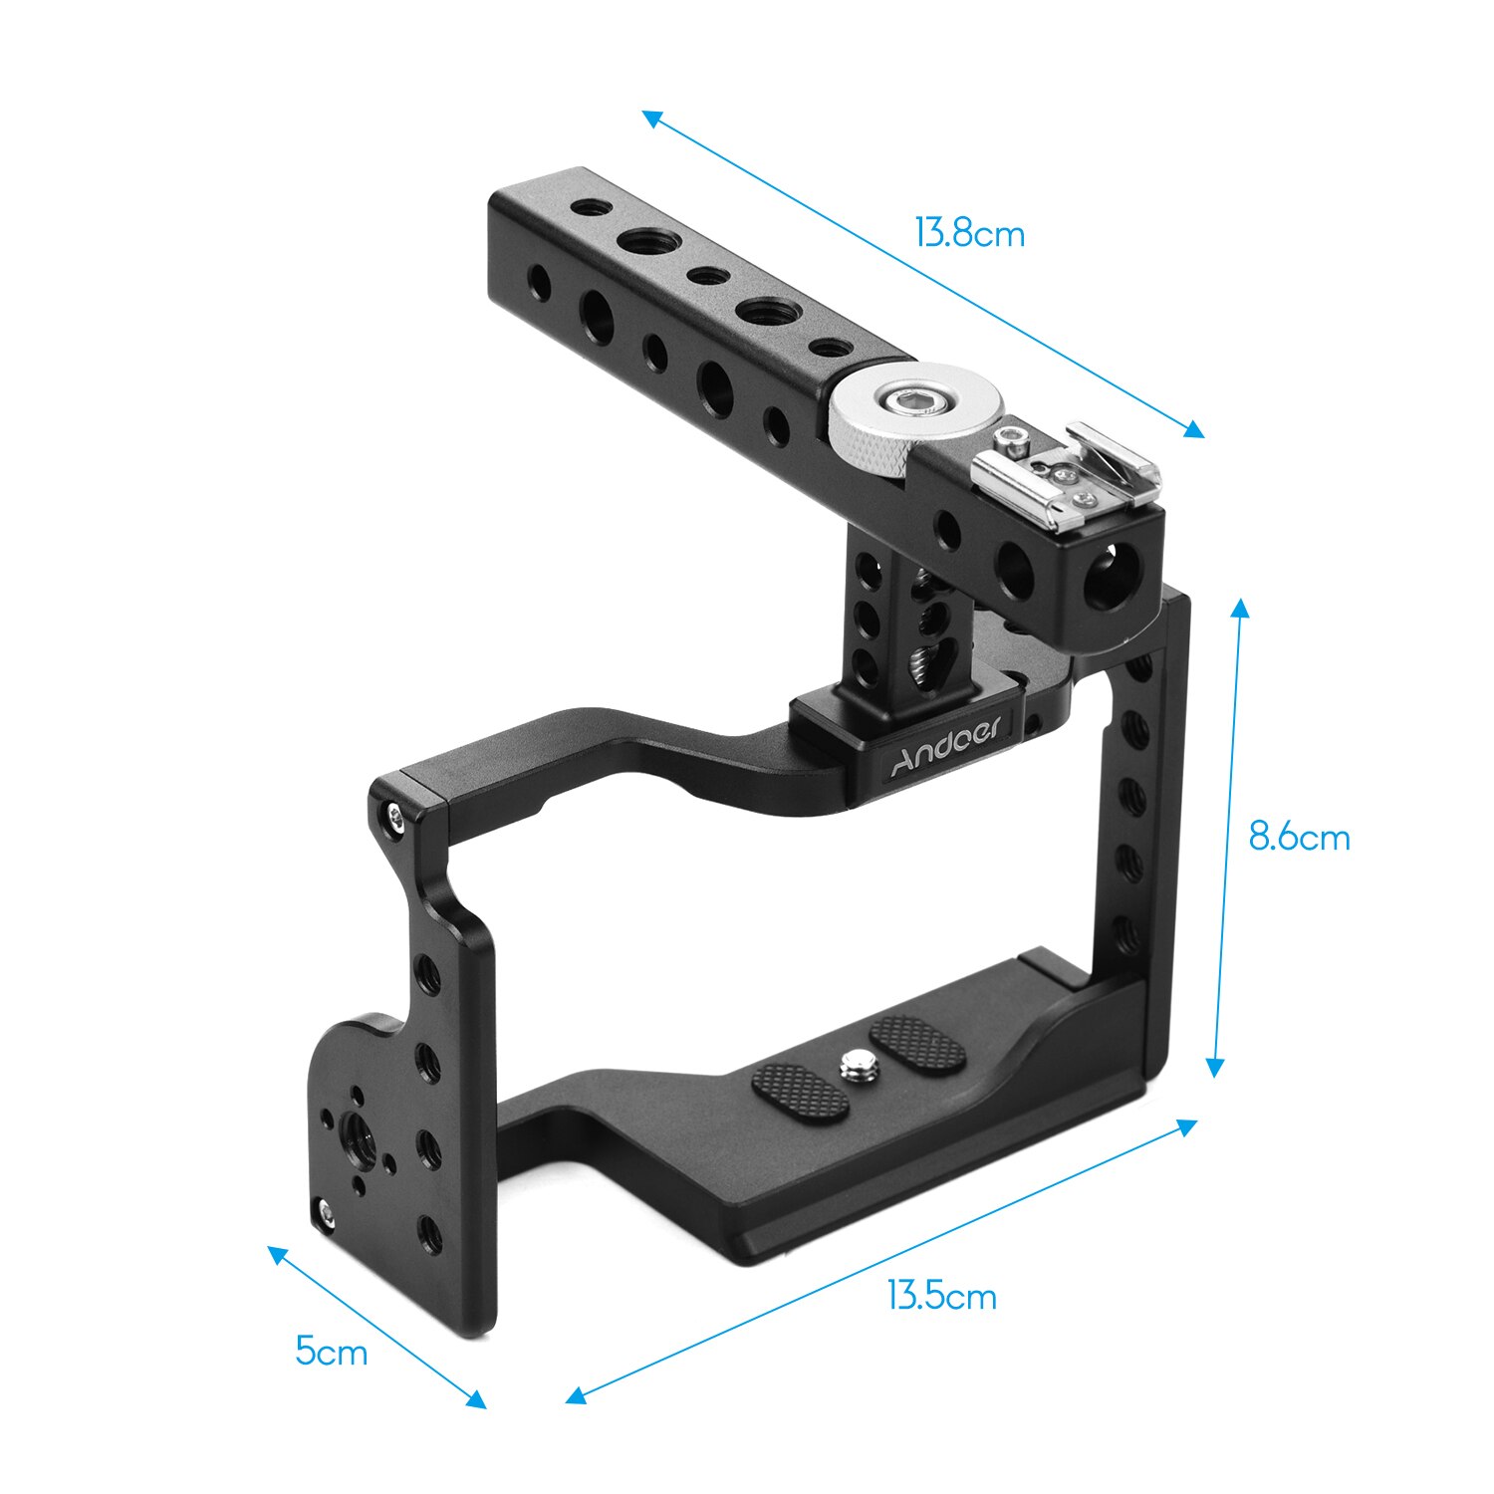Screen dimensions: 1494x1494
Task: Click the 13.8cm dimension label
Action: pyautogui.click(x=969, y=234)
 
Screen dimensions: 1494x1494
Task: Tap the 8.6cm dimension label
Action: pyautogui.click(x=1299, y=838)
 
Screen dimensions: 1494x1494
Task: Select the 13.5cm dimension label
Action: pyautogui.click(x=941, y=1296)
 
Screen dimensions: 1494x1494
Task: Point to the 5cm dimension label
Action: pyautogui.click(x=332, y=1352)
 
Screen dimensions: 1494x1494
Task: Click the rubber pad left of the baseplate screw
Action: pyautogui.click(x=800, y=1092)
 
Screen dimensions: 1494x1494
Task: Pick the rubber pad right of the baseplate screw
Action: pyautogui.click(x=916, y=1043)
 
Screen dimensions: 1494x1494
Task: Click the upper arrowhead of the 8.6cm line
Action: pyautogui.click(x=1240, y=607)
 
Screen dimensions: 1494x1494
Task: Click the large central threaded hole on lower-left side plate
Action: pyautogui.click(x=355, y=1131)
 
